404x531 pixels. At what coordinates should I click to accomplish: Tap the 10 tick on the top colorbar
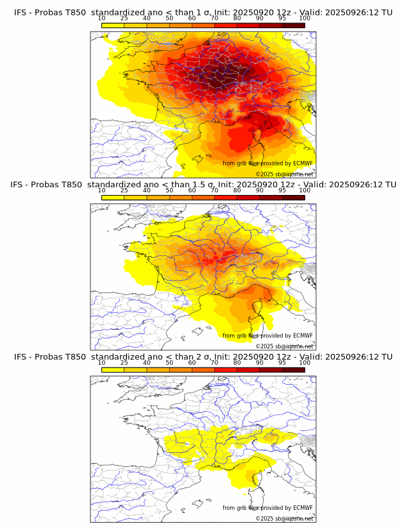101,18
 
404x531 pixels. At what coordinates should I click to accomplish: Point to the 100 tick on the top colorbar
305,18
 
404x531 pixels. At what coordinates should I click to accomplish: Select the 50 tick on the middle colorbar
169,190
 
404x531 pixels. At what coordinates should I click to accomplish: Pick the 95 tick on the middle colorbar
282,190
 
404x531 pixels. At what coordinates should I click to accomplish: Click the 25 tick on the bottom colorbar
124,363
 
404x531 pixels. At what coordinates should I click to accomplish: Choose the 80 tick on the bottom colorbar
237,363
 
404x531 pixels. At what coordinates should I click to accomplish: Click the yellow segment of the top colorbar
113,25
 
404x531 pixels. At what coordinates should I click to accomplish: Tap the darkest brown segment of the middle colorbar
293,198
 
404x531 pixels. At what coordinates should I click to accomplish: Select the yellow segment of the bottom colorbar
113,370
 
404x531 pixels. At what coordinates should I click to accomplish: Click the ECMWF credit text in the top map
267,164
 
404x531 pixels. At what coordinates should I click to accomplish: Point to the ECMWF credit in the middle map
267,335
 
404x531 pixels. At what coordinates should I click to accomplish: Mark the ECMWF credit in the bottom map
267,508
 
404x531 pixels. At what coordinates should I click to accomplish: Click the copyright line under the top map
285,174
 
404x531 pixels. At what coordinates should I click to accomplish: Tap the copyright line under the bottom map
285,518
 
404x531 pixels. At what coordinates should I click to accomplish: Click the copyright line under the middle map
285,346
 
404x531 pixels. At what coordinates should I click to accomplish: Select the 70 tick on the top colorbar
214,18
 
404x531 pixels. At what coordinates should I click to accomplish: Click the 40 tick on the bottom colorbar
147,363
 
